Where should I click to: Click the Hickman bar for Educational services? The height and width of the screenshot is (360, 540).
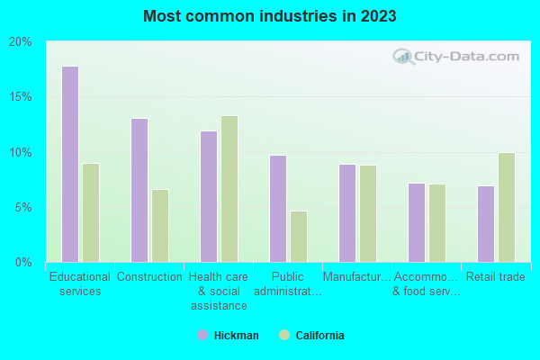click(x=69, y=164)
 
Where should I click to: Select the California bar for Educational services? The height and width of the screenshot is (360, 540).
click(x=90, y=212)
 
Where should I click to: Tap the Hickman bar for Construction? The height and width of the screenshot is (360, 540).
click(x=139, y=190)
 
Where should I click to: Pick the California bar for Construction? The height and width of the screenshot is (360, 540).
click(x=159, y=226)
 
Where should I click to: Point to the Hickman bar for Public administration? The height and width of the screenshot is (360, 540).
click(x=278, y=209)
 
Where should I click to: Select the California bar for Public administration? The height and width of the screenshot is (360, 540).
click(x=299, y=237)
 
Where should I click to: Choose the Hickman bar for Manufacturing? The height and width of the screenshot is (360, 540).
click(x=347, y=213)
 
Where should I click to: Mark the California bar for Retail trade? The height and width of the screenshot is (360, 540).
click(x=507, y=207)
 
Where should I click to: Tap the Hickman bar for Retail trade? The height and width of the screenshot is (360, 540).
click(x=486, y=224)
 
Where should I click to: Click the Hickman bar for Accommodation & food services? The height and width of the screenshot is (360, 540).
click(x=417, y=222)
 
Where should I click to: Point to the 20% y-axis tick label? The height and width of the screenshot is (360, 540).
click(x=20, y=42)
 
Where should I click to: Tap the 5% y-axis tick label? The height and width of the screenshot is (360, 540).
click(x=22, y=208)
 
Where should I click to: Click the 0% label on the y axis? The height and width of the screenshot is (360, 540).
click(x=22, y=263)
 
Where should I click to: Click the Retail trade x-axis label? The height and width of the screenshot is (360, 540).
click(x=496, y=277)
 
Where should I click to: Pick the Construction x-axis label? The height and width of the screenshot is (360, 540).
click(x=149, y=277)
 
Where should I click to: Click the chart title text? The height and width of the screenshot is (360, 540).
click(x=269, y=16)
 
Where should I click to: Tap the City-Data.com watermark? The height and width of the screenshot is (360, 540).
click(x=456, y=56)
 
